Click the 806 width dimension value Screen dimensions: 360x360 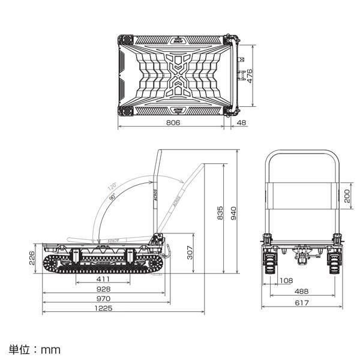pos(172,122)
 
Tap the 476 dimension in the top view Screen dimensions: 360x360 pos(250,76)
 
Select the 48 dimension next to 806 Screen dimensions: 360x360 pos(241,122)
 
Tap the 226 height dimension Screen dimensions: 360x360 pos(31,258)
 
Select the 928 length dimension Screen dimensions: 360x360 pos(103,289)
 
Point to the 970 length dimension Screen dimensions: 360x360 pos(103,298)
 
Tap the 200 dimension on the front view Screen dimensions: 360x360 pos(346,196)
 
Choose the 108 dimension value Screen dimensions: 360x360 pos(287,280)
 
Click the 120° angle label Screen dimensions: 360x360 pos(112,187)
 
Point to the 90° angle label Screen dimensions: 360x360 pos(113,197)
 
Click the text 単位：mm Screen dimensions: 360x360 pos(35,348)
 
